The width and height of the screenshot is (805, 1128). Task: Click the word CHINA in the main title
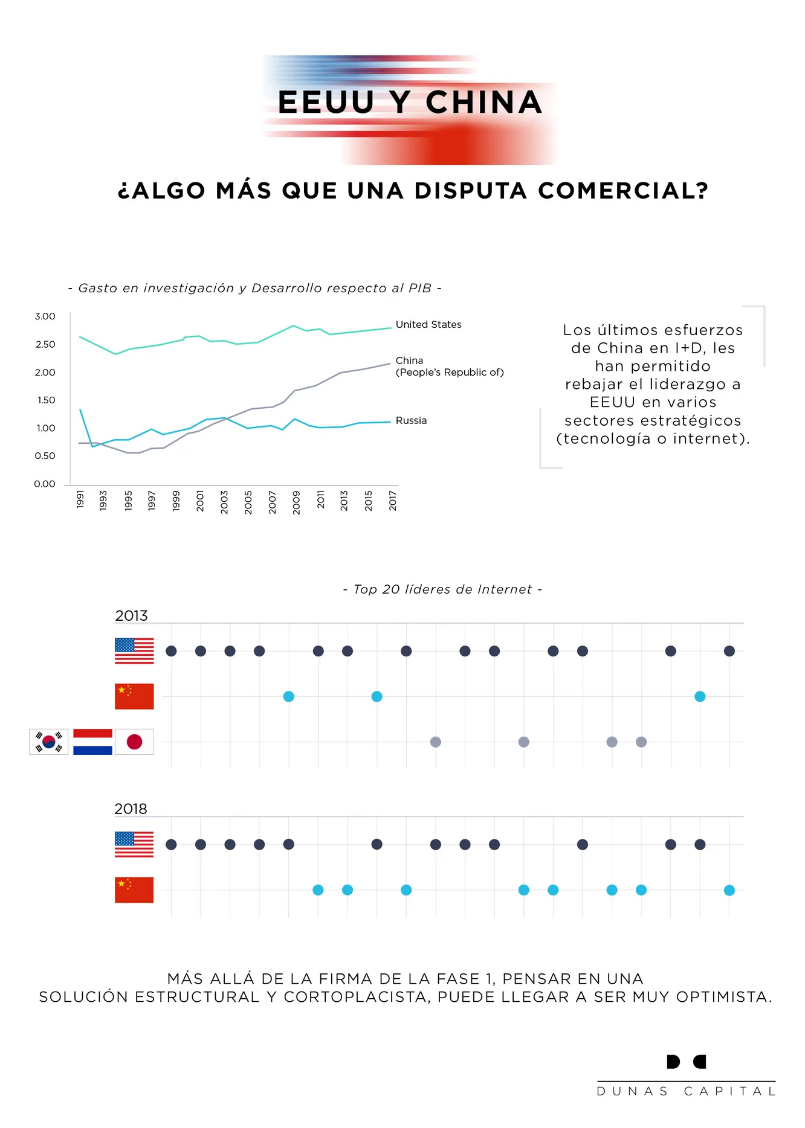pyautogui.click(x=483, y=102)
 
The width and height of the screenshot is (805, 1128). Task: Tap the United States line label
pyautogui.click(x=428, y=325)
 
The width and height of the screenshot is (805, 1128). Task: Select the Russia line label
pyautogui.click(x=411, y=421)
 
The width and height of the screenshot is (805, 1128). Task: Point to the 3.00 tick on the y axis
pyautogui.click(x=45, y=316)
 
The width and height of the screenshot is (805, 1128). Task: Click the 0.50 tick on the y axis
pyautogui.click(x=45, y=456)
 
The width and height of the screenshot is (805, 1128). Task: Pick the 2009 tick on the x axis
pyautogui.click(x=296, y=502)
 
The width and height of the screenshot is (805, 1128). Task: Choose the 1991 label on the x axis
pyautogui.click(x=80, y=500)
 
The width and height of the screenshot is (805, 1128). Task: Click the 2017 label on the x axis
pyautogui.click(x=393, y=501)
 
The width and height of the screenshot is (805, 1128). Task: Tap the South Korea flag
pyautogui.click(x=49, y=742)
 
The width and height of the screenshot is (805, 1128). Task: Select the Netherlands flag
pyautogui.click(x=92, y=742)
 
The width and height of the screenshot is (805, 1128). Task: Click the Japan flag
pyautogui.click(x=134, y=742)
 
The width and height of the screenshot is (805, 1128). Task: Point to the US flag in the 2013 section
pyautogui.click(x=134, y=651)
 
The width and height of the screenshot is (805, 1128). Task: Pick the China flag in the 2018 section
pyautogui.click(x=134, y=890)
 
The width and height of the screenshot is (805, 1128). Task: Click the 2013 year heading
pyautogui.click(x=131, y=616)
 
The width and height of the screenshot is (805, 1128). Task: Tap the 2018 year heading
pyautogui.click(x=131, y=809)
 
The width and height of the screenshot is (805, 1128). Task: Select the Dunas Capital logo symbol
pyautogui.click(x=686, y=1062)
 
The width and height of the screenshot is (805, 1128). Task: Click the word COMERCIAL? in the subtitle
pyautogui.click(x=623, y=191)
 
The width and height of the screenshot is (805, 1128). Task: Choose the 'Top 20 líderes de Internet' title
pyautogui.click(x=442, y=589)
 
